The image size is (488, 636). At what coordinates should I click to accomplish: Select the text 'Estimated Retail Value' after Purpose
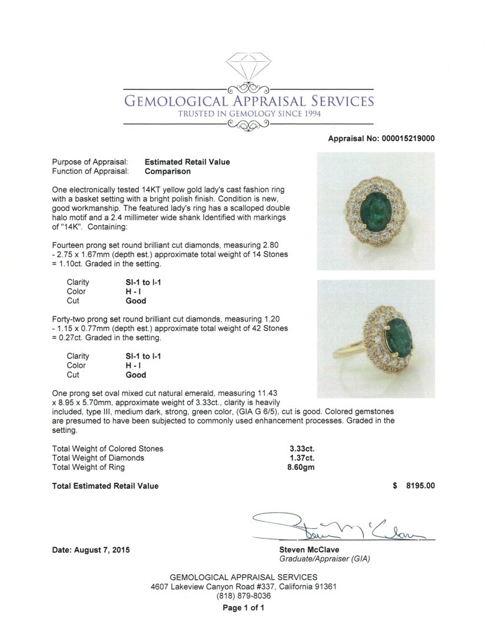[x=187, y=162]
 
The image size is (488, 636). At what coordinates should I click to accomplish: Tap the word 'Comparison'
[x=167, y=171]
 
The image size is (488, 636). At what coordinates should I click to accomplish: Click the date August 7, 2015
[x=91, y=550]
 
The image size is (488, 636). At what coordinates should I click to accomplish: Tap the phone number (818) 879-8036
[x=244, y=596]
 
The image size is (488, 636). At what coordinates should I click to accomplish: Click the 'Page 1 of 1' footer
[x=244, y=608]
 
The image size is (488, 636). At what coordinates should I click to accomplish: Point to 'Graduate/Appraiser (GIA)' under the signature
[x=324, y=559]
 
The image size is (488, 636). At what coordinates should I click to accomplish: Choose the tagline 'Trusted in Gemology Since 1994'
[x=249, y=114]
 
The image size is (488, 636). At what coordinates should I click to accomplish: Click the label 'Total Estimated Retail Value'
[x=105, y=486]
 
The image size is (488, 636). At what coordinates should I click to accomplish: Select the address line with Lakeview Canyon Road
[x=244, y=587]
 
